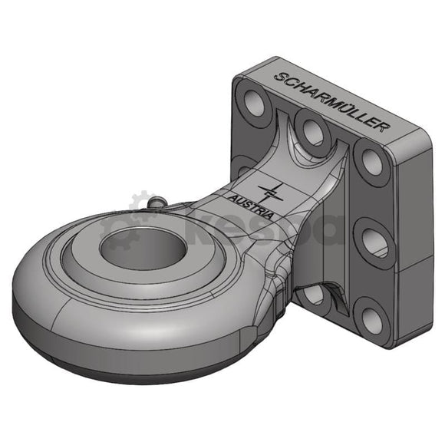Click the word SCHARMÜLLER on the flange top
pos(331,101)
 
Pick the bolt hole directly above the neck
pos(311,131)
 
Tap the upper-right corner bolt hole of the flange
pos(371,163)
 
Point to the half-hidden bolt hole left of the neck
pos(243,166)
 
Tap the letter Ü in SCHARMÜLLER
pos(344,107)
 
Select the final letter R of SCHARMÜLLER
pos(384,126)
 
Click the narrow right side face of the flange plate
pos(407,253)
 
